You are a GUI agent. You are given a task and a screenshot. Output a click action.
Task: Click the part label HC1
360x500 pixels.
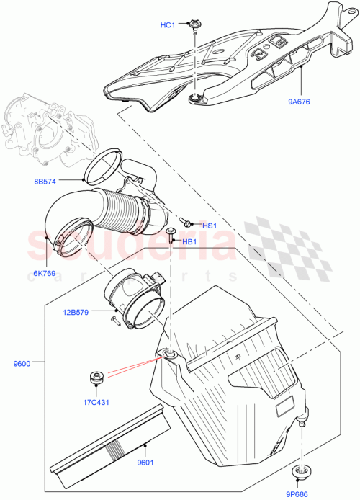point(168,26)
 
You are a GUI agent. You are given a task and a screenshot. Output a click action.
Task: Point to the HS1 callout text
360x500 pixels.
point(210,226)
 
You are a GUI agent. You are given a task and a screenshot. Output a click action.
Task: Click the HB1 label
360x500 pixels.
point(189,241)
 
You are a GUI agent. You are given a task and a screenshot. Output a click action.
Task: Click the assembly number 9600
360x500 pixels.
point(22,364)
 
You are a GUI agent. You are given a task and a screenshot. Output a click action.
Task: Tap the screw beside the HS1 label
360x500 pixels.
point(186,223)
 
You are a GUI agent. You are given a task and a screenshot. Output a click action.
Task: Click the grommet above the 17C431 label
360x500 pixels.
point(94,377)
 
